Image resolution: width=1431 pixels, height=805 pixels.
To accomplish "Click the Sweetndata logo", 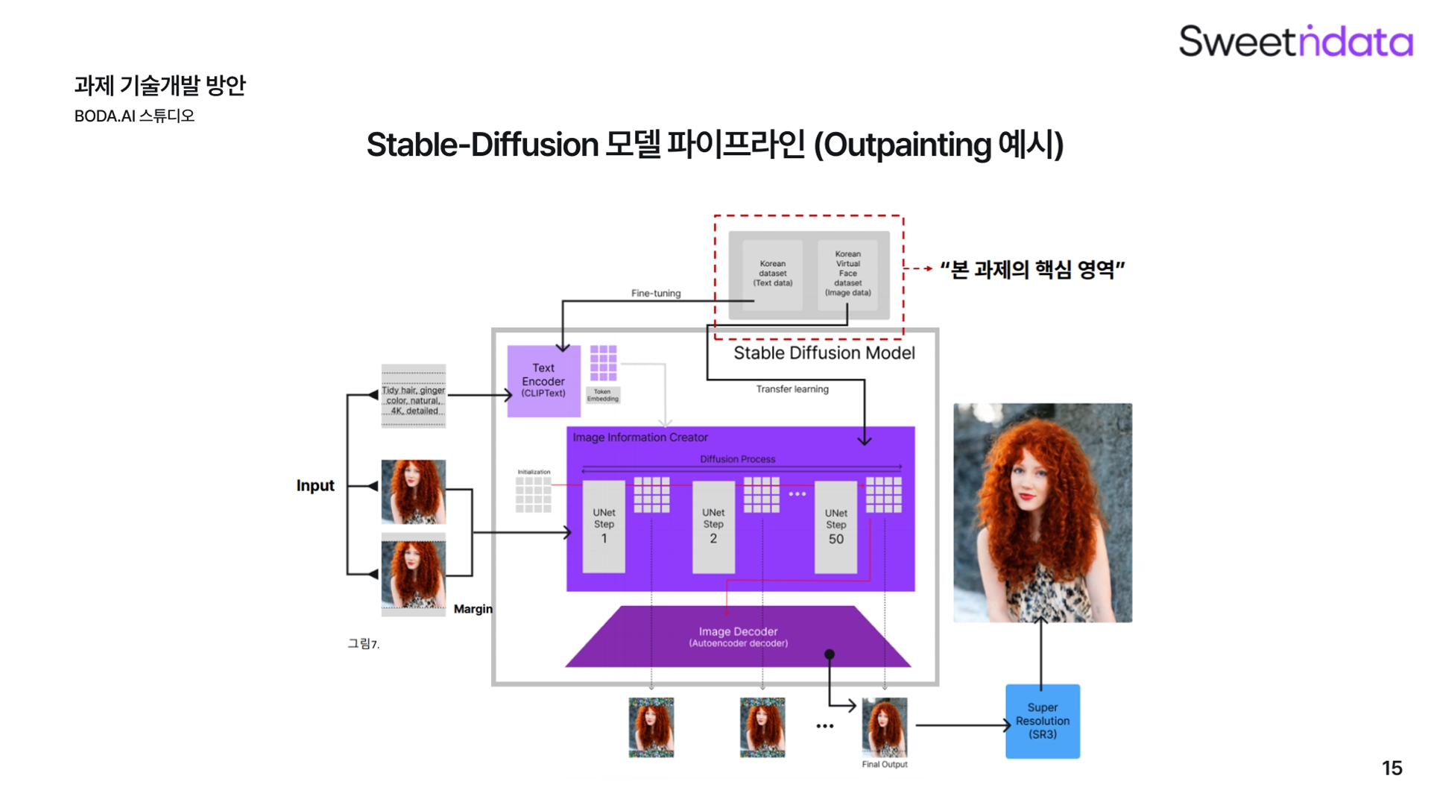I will (x=1295, y=41).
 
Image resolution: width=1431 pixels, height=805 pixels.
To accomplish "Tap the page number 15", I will (x=1391, y=768).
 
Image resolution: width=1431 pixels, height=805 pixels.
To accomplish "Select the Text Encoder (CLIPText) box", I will (x=543, y=380).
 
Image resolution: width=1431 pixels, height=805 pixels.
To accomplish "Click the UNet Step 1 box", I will (x=604, y=526).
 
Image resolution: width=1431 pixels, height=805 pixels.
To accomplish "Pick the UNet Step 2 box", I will (x=713, y=526).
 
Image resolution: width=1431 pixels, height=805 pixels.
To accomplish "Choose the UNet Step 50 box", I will (x=835, y=526).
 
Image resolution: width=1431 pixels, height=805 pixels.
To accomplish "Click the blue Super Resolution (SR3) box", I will (x=1042, y=721).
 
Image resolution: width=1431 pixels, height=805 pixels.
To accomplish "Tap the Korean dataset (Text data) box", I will (x=772, y=274).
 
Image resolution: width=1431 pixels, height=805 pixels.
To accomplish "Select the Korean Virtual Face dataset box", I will (x=847, y=274).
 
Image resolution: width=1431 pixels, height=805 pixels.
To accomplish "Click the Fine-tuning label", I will (x=656, y=293).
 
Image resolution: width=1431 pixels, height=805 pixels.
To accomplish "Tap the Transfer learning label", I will (x=792, y=389).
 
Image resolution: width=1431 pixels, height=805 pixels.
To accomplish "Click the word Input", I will (x=315, y=485).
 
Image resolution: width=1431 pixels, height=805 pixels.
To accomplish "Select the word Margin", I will (x=473, y=609).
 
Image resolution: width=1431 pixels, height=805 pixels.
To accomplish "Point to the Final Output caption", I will (x=885, y=764).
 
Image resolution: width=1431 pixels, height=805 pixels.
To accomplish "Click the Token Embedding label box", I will (x=602, y=395).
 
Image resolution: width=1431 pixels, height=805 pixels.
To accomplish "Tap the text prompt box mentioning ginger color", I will (x=414, y=400).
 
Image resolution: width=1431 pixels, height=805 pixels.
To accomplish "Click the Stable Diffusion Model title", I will (x=824, y=353).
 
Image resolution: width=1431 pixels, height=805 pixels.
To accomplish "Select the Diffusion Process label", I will (x=737, y=459).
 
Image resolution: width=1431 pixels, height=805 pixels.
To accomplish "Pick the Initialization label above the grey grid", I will (x=534, y=472).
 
